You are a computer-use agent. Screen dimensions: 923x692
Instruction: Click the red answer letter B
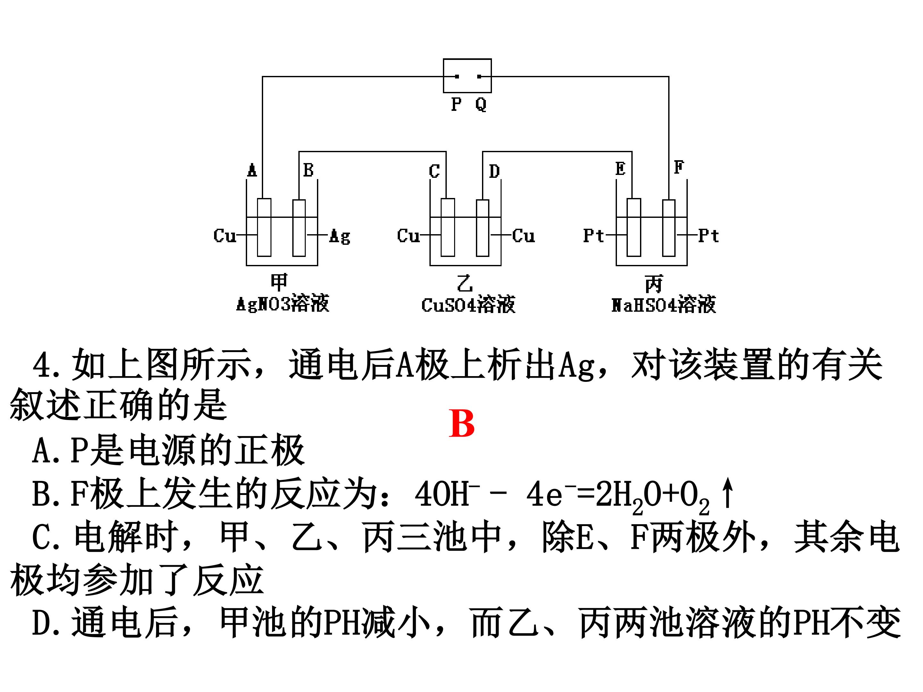(x=462, y=424)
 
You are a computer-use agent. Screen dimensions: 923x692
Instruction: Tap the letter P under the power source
(x=456, y=104)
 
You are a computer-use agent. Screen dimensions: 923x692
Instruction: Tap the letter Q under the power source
(x=481, y=104)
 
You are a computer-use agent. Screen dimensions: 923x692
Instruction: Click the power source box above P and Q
(x=467, y=76)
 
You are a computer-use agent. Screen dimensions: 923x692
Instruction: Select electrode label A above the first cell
(x=252, y=170)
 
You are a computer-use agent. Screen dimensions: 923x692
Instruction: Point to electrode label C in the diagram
(x=434, y=171)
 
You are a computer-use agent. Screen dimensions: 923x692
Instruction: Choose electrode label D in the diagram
(x=495, y=171)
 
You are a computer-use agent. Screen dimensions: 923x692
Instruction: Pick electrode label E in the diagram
(x=620, y=169)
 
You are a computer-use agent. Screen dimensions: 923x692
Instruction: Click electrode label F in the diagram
(x=679, y=167)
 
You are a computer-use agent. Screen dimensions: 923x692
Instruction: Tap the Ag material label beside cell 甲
(x=340, y=236)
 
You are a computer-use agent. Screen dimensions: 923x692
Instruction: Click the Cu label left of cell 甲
(x=224, y=236)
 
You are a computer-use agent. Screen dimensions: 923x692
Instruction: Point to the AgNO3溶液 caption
(x=282, y=303)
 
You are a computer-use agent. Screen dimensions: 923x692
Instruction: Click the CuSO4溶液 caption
(x=468, y=304)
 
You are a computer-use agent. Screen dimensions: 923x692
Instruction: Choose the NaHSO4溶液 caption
(x=663, y=304)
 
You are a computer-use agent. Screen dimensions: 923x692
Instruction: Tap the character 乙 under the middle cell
(x=465, y=283)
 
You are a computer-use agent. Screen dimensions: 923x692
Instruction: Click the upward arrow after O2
(x=728, y=493)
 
